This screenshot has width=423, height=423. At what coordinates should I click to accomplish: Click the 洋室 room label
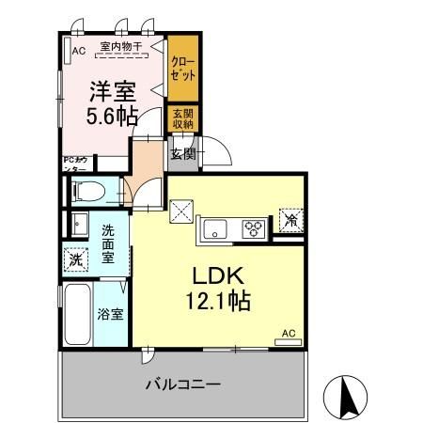point(113,92)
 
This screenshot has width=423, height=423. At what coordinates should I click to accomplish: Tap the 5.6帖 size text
point(113,116)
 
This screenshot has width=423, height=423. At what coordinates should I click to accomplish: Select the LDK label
point(219,278)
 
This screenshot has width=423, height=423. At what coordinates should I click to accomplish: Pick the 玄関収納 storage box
point(182,118)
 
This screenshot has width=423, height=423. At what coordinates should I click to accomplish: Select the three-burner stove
point(254,227)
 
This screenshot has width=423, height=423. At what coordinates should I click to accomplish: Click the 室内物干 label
point(120,46)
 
